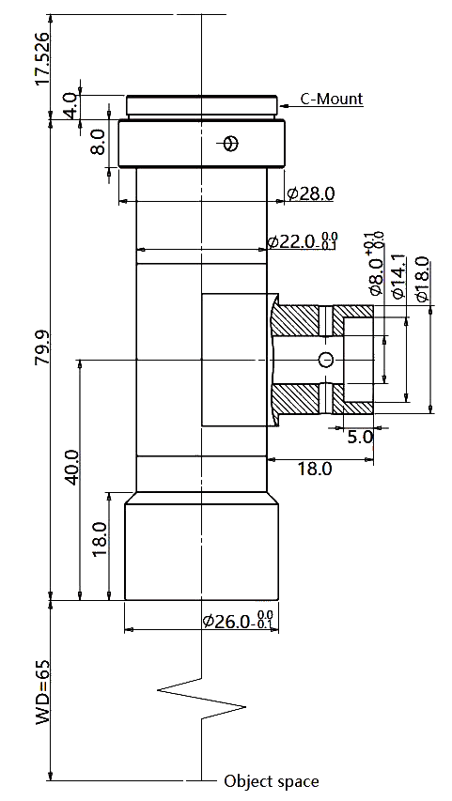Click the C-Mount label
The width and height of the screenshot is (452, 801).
332,99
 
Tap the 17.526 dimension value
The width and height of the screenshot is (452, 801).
41,59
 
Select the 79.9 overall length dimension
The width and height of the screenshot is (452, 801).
42,347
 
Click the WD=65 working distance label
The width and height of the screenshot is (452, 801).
42,692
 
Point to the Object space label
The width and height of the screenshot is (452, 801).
272,781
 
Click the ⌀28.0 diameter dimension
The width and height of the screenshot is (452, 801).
311,193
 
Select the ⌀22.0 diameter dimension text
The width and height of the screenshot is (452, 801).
303,241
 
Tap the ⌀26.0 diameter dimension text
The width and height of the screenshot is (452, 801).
238,620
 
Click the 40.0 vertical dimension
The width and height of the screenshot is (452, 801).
71,468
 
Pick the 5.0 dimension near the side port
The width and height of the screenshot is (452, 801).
361,437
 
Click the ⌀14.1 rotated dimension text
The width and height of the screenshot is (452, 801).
397,276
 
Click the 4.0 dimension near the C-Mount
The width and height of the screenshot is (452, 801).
71,104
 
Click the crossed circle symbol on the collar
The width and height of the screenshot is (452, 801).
231,144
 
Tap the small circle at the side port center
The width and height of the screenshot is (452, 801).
326,360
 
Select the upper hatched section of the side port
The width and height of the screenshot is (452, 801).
321,321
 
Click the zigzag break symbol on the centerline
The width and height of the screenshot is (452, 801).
201,699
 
